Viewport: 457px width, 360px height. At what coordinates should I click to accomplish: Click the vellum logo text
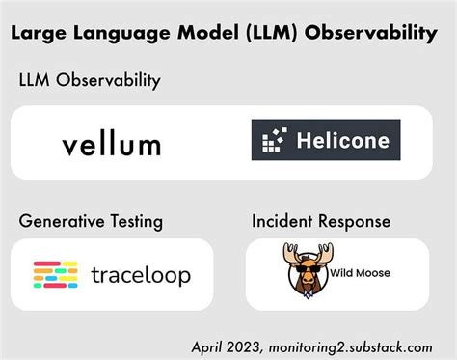click(x=111, y=145)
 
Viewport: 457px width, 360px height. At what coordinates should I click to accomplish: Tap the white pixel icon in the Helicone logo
click(x=273, y=141)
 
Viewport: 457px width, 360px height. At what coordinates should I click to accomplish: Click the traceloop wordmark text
click(x=140, y=275)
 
